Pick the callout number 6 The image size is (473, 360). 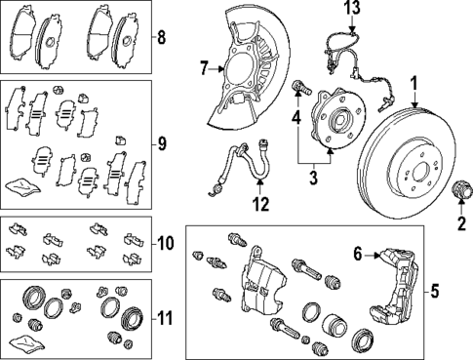(x=358, y=254)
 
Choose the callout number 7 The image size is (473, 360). (x=205, y=67)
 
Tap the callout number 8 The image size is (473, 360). (x=161, y=39)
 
